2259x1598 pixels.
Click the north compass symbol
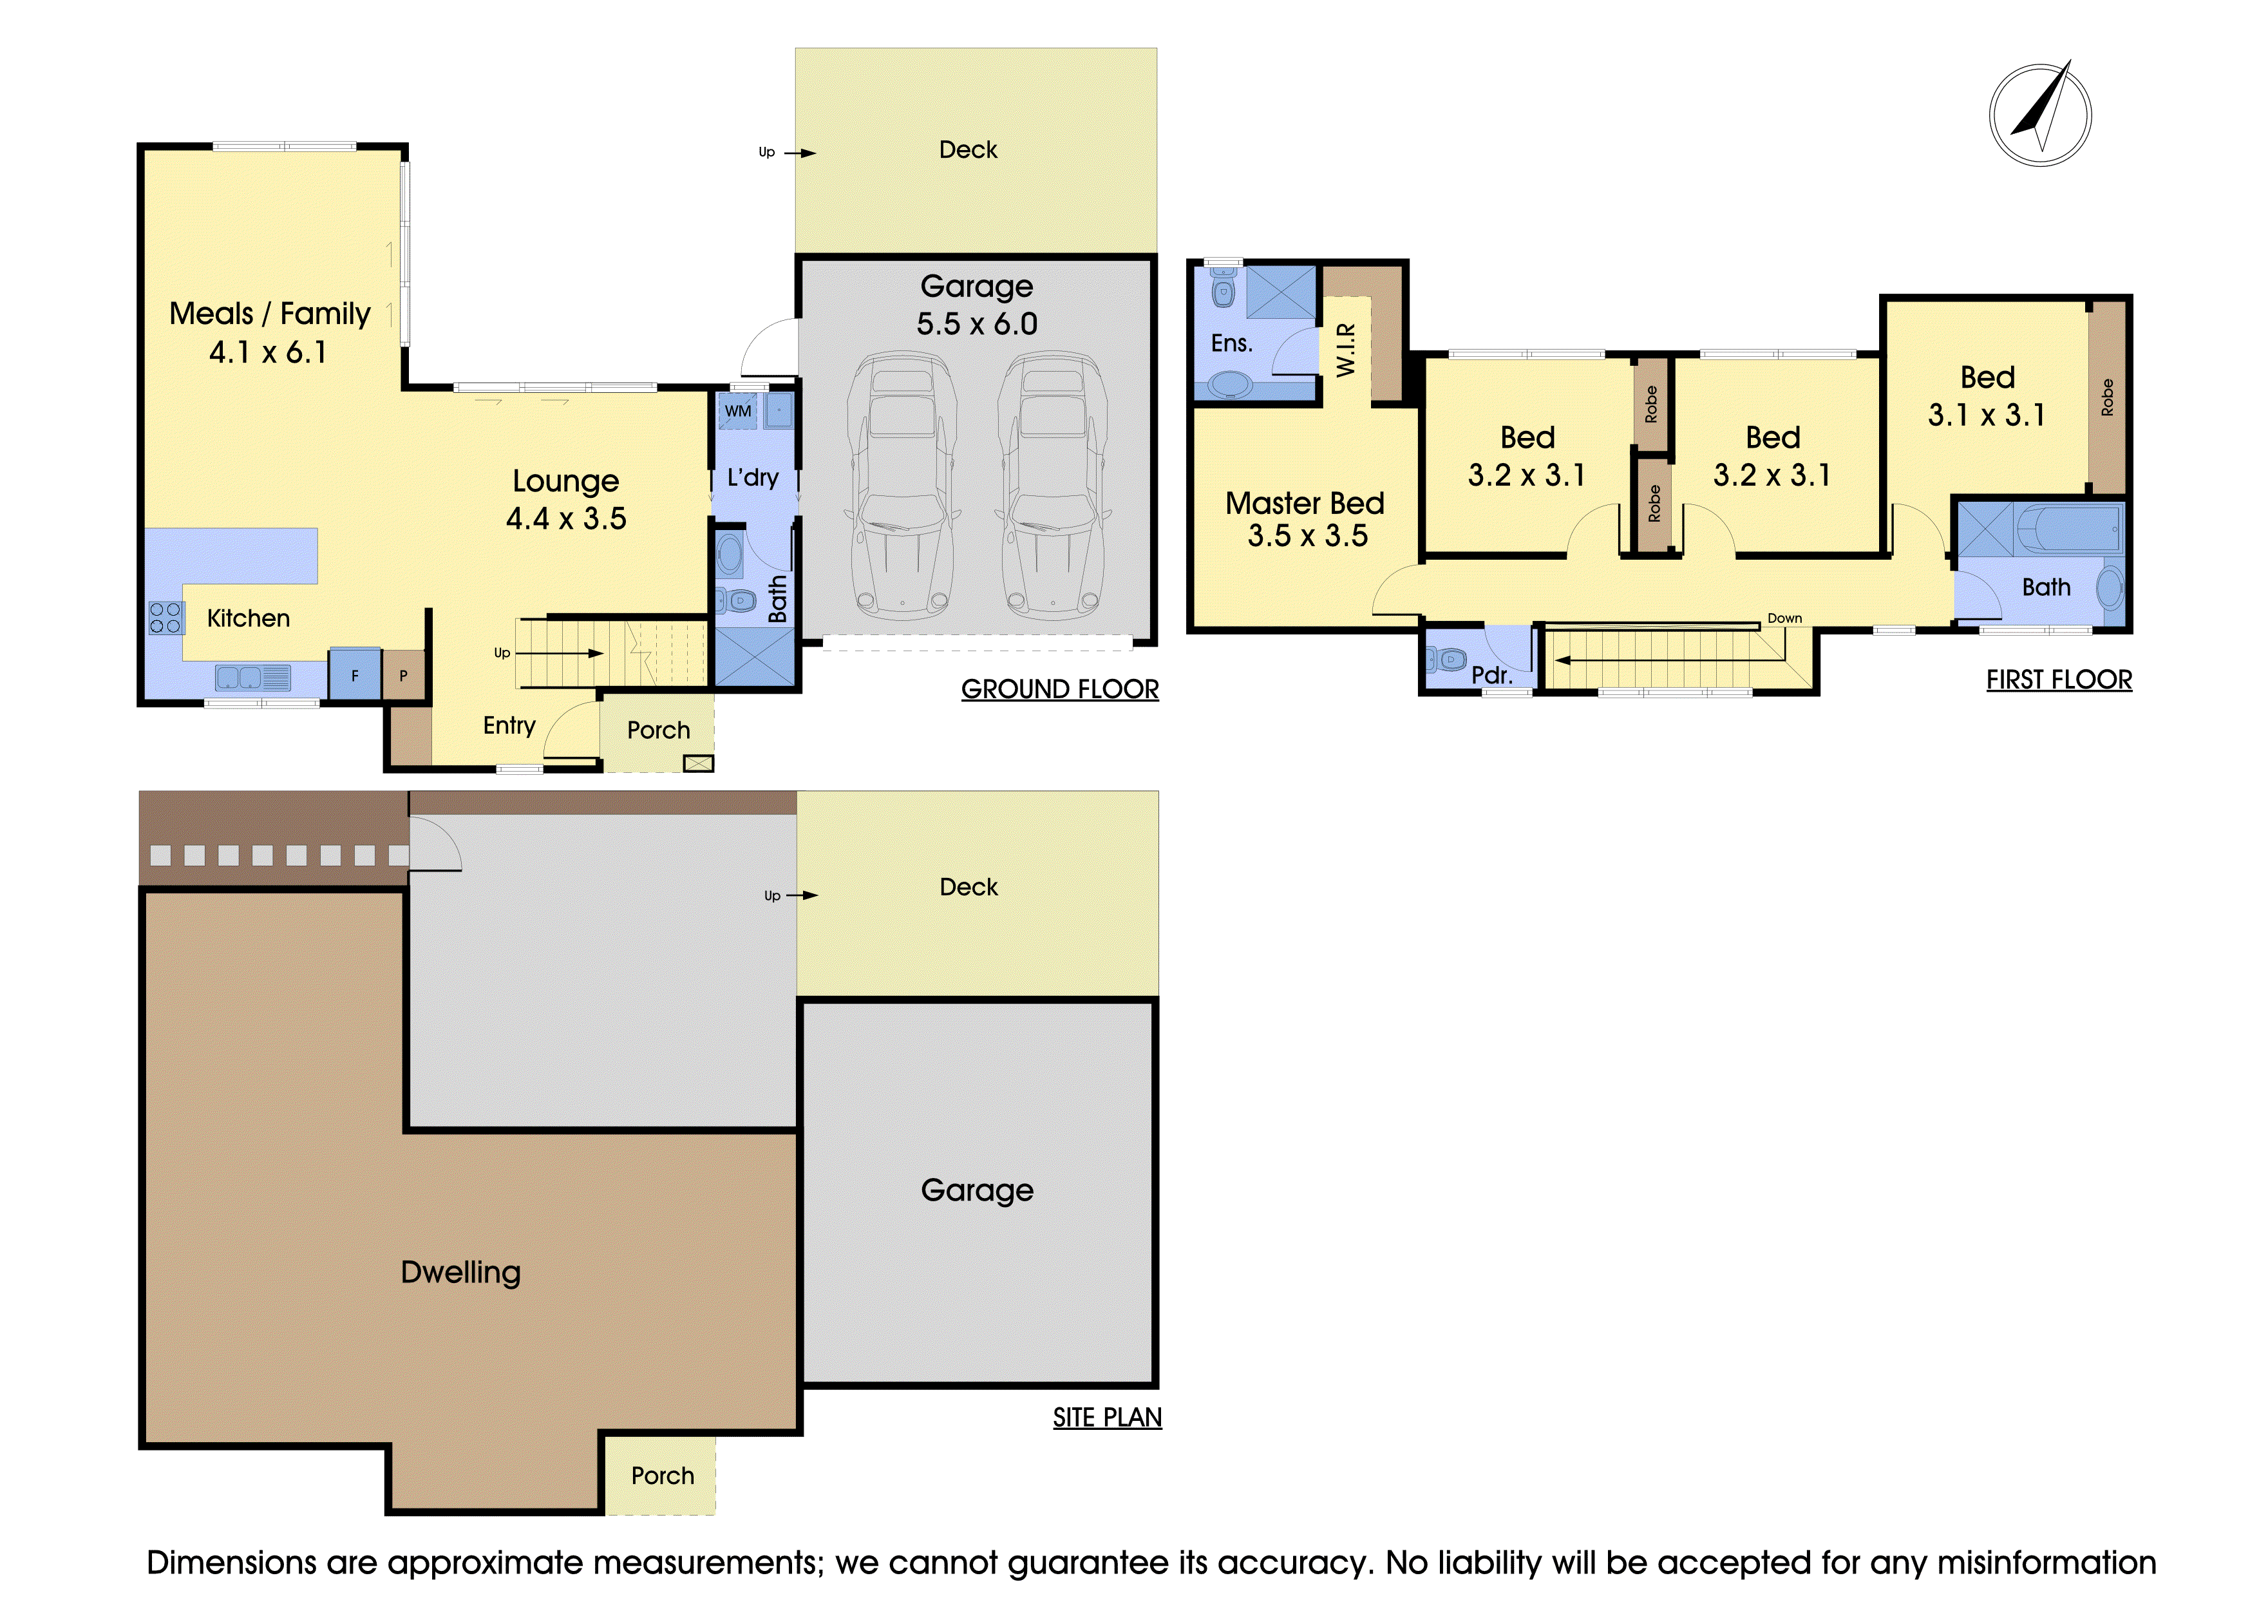point(2041,114)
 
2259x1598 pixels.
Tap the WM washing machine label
point(738,412)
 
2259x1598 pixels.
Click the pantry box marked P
point(403,675)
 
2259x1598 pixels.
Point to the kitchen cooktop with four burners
point(165,617)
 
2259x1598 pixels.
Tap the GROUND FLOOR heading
point(1060,689)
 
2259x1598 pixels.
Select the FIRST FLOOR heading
point(2059,680)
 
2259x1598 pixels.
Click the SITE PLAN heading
point(1107,1417)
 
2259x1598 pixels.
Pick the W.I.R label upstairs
point(1346,349)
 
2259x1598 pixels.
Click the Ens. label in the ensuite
point(1232,343)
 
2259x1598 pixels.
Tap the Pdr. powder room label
point(1491,675)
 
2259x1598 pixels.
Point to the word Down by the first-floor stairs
point(1785,618)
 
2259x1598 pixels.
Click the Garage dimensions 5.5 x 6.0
point(977,324)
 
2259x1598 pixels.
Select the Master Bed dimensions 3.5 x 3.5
point(1308,535)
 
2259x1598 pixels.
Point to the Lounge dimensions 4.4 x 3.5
point(566,518)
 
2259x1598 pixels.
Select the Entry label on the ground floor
point(509,725)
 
